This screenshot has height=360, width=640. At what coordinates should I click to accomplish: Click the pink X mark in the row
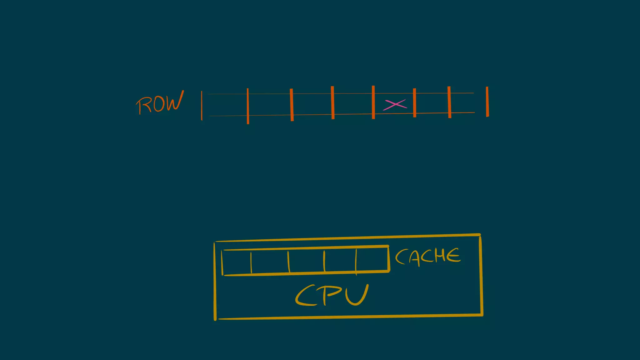click(395, 104)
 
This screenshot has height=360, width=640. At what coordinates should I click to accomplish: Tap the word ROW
click(160, 103)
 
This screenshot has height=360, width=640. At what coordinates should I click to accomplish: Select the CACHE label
click(428, 257)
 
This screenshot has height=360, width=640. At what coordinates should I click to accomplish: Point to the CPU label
click(332, 295)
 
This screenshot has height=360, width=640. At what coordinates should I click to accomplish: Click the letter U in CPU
click(358, 295)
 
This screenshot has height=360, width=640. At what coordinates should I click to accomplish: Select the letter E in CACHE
click(453, 256)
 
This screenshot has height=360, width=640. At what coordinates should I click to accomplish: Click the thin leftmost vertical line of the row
click(202, 106)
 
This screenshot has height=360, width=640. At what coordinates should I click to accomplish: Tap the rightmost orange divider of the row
click(487, 102)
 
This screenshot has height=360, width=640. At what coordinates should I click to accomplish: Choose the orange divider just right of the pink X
click(414, 103)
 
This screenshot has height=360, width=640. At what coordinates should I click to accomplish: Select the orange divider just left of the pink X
click(373, 102)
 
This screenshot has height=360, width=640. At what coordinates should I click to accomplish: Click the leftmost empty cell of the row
click(225, 105)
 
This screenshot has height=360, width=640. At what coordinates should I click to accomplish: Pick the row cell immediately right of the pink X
click(432, 103)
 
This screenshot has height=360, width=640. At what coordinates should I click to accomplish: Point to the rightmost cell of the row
click(468, 102)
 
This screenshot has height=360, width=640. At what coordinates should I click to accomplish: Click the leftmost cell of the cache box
click(237, 262)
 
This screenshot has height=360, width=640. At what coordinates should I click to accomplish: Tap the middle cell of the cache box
click(306, 261)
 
